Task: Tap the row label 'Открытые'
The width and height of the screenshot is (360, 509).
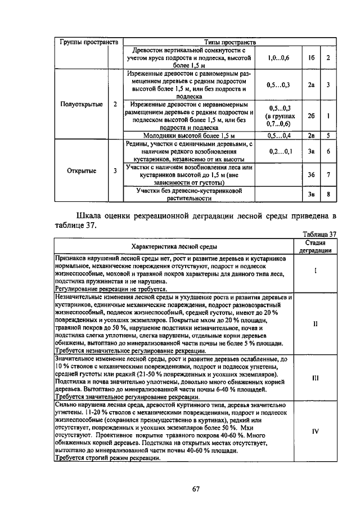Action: (x=81, y=170)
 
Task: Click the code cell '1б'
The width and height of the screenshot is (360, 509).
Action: (x=310, y=57)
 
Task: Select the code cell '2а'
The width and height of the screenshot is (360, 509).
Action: (x=310, y=85)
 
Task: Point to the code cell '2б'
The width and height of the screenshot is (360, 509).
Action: (x=310, y=116)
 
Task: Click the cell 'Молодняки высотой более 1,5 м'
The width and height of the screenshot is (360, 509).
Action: (x=188, y=136)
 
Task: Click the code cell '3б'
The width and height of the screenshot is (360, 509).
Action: (x=310, y=175)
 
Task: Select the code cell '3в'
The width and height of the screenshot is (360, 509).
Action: (x=310, y=195)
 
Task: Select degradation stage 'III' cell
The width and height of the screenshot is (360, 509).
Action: (x=315, y=377)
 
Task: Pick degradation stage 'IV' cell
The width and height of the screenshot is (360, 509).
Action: (x=315, y=431)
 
